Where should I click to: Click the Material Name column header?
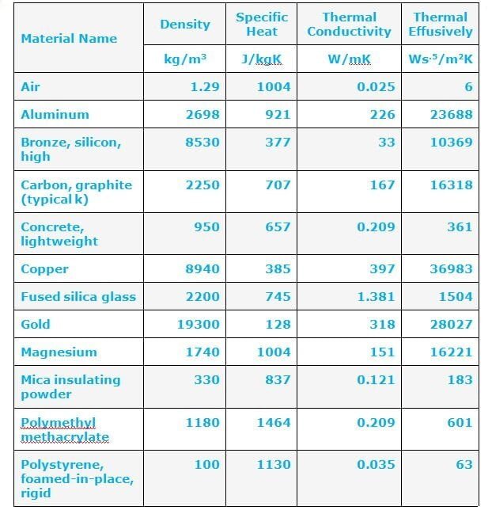point(69,38)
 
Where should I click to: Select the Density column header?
point(184,25)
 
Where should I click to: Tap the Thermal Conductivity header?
point(349,25)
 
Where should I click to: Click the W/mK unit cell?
point(349,59)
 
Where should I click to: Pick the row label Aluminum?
point(55,114)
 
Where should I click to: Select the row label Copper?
point(44,269)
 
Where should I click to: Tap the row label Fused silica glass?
point(78,297)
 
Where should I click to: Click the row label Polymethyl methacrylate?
point(64,429)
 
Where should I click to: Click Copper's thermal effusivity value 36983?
point(451,269)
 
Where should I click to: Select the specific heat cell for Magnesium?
point(273,352)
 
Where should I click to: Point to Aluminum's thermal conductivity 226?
point(382,114)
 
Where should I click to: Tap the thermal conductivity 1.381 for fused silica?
point(376,297)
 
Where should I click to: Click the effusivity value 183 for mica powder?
point(460,380)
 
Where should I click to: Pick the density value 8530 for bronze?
point(202,143)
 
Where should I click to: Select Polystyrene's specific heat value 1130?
point(273,464)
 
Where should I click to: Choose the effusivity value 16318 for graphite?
point(451,185)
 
